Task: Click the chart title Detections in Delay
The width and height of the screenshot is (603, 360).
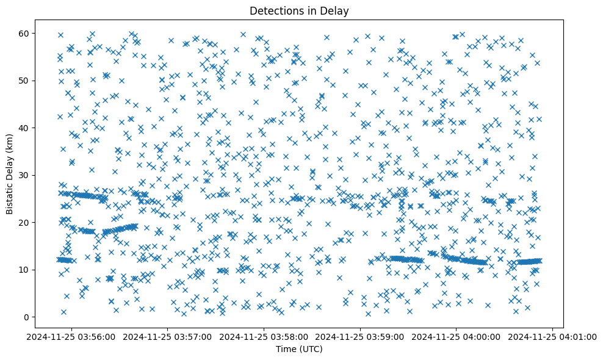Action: (299, 10)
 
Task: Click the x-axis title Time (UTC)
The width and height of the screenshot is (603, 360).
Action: (299, 349)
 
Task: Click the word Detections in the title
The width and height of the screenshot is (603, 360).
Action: (276, 10)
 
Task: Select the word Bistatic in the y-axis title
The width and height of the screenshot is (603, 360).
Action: (10, 195)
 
